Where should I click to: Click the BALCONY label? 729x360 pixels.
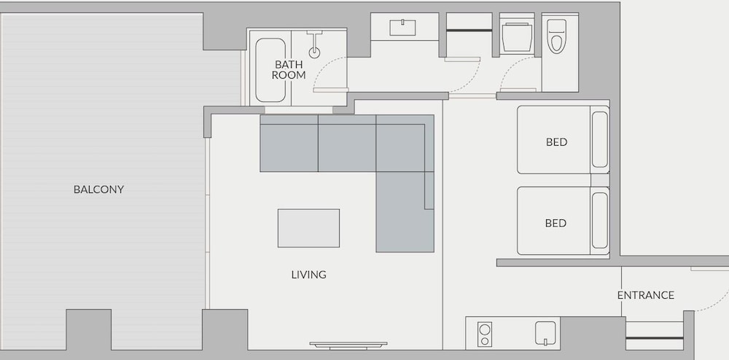[98, 189]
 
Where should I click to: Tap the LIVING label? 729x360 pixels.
[308, 275]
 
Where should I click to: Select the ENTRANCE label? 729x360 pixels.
[646, 295]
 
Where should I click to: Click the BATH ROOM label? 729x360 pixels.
[289, 70]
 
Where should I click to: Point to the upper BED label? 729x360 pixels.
[556, 142]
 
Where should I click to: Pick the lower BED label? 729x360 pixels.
[555, 224]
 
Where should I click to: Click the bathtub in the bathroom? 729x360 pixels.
[270, 70]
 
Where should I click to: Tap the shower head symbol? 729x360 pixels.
[315, 44]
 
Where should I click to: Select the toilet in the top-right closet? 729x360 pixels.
[556, 36]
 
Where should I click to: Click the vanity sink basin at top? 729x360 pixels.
[402, 28]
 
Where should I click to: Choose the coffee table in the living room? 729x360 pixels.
[308, 228]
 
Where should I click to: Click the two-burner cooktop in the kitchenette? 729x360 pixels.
[485, 334]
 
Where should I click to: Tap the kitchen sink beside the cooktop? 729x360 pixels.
[545, 334]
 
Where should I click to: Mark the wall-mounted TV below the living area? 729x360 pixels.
[348, 345]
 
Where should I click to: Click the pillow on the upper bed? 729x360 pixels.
[600, 139]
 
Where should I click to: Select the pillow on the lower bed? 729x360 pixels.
[600, 221]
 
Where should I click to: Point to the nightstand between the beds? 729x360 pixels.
[600, 180]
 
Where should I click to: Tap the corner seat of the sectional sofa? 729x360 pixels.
[405, 144]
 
